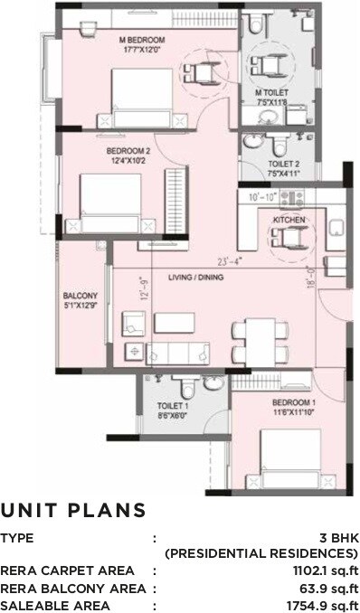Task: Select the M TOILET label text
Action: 270,91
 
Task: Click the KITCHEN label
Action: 289,221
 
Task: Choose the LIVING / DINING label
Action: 196,277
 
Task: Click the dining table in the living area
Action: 261,342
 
